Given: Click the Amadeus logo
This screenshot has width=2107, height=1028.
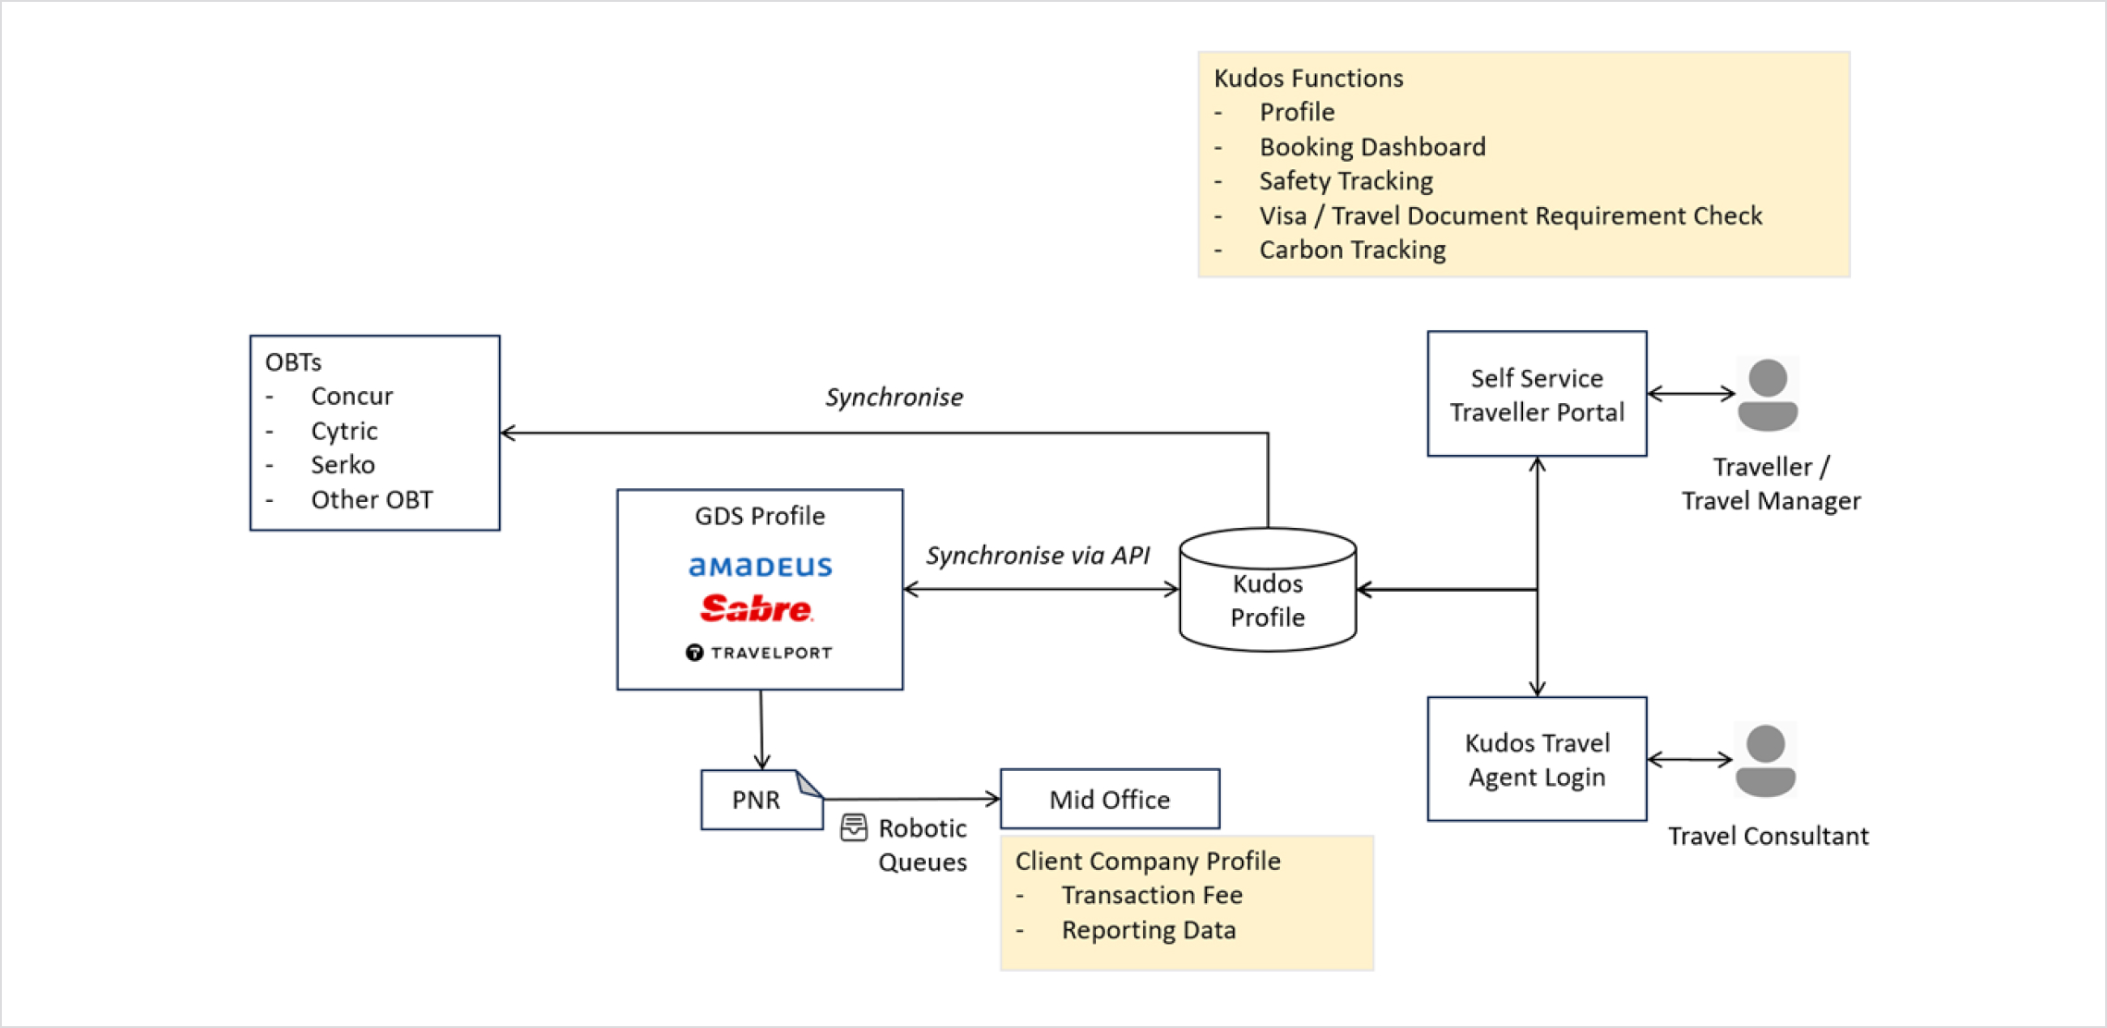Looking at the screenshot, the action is [x=760, y=566].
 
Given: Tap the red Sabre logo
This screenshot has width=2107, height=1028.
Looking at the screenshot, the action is [x=756, y=607].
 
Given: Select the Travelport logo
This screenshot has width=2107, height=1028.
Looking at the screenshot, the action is [x=759, y=653].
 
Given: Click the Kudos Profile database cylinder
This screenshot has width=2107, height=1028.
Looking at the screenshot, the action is [x=1268, y=590].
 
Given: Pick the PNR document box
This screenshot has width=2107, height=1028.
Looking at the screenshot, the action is [x=761, y=800].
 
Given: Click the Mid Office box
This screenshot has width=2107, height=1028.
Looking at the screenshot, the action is [x=1110, y=799].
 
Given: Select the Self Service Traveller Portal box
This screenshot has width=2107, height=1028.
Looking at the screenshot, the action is [x=1537, y=394].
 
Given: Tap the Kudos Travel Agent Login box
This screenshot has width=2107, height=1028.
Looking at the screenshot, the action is [x=1537, y=759].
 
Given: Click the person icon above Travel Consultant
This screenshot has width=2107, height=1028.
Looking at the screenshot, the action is [x=1765, y=760].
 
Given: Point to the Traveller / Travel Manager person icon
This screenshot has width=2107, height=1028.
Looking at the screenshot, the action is [x=1767, y=395].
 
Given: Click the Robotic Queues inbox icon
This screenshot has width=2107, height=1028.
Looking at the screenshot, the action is [x=854, y=827].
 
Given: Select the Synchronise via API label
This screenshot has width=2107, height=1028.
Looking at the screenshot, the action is [x=1038, y=556].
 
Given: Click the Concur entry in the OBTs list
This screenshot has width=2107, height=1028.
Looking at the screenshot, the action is [x=352, y=397].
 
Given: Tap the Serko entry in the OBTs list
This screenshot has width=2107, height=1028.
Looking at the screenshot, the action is [x=343, y=465].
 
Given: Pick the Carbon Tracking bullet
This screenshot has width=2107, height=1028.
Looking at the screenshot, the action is [x=1353, y=251].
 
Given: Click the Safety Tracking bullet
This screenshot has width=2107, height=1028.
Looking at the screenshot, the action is [x=1346, y=181].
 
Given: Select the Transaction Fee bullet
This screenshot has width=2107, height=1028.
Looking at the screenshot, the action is [x=1152, y=895].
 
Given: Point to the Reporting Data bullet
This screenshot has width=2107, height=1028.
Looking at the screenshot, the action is [x=1149, y=930].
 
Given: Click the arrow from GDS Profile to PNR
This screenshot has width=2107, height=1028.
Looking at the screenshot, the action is [x=761, y=729].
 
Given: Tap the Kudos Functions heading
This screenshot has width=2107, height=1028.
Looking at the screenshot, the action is [x=1309, y=79].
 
